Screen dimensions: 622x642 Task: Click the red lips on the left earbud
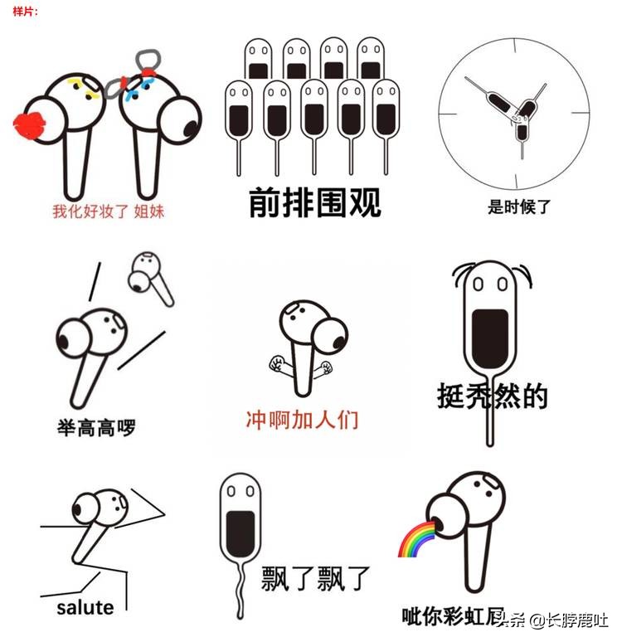(x=29, y=125)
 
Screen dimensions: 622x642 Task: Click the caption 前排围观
(x=315, y=202)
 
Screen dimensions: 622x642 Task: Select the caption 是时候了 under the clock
(x=519, y=207)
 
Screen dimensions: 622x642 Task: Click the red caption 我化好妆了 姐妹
(x=108, y=212)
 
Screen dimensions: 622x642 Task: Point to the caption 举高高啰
(x=96, y=428)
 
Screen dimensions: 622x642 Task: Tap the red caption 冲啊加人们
(x=302, y=420)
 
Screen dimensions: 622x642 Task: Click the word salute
(x=85, y=608)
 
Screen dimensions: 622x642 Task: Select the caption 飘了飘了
(x=315, y=578)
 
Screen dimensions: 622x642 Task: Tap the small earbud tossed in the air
(x=150, y=278)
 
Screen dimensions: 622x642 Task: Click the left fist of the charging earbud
(x=277, y=363)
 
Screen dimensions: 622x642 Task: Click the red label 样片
(x=25, y=11)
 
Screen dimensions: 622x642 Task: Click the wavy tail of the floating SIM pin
(x=241, y=590)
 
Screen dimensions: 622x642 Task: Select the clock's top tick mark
(x=515, y=46)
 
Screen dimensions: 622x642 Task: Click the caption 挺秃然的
(x=492, y=396)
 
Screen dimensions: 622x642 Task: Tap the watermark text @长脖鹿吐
(x=568, y=621)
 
